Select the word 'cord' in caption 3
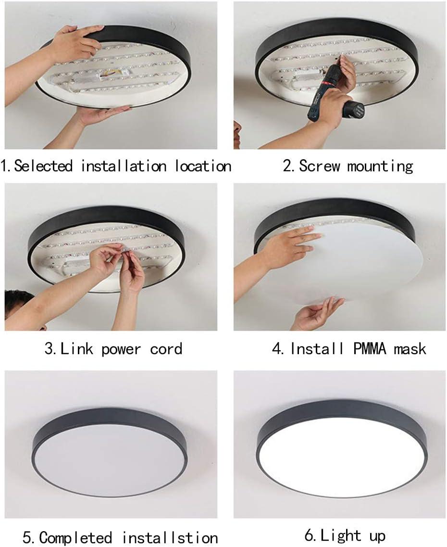(x=166, y=348)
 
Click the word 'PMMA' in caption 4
(x=370, y=348)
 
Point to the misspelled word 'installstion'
(x=170, y=537)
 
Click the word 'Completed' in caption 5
(x=75, y=537)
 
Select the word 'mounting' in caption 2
(x=380, y=166)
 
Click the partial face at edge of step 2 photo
(x=237, y=133)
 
